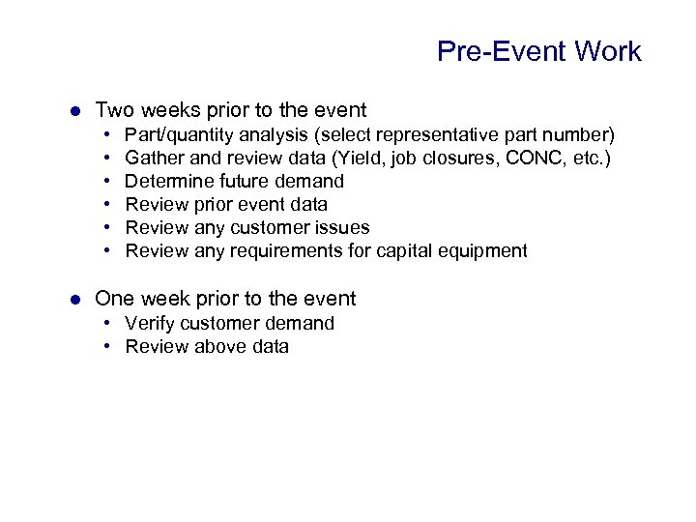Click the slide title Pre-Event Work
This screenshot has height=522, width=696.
[x=538, y=51]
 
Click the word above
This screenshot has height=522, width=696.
[x=216, y=346]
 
